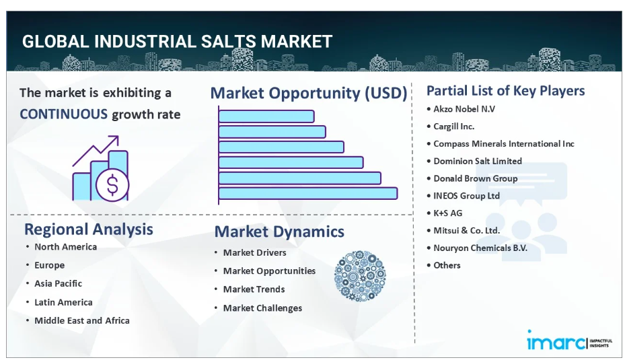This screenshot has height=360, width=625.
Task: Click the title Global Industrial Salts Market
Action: point(177,42)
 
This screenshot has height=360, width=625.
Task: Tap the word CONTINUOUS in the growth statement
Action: point(64,114)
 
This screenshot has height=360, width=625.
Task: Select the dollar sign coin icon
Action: point(112,185)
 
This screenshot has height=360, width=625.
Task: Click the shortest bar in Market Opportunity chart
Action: point(266,116)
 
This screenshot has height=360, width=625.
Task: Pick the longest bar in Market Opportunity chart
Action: point(308,193)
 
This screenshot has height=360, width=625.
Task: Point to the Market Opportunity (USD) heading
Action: point(309,93)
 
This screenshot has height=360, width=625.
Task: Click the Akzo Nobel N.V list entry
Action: point(464,109)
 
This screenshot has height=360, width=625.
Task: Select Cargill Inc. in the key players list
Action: point(453,127)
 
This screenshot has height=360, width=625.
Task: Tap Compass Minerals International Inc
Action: point(504,143)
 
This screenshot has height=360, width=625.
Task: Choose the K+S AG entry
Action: point(447,213)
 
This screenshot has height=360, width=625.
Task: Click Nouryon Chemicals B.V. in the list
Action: point(480,248)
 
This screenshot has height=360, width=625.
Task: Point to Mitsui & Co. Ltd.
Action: point(466,230)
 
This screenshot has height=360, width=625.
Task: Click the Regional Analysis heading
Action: point(89,229)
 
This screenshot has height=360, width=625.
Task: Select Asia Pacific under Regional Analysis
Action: point(59,283)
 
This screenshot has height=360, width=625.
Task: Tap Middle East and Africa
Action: point(81,320)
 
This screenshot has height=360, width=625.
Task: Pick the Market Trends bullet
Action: point(254,289)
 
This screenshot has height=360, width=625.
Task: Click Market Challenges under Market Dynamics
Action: point(262,308)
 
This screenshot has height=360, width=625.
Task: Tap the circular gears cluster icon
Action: point(360,276)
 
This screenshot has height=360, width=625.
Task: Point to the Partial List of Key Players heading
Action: point(505,90)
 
